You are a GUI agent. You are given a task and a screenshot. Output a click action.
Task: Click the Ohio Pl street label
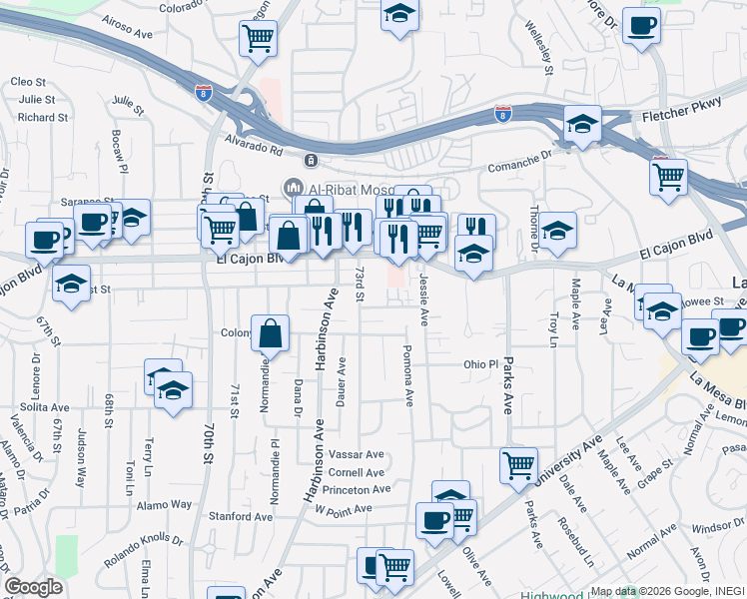(479, 364)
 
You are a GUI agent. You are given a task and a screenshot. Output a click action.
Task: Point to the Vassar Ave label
(357, 454)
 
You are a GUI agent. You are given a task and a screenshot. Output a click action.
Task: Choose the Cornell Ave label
(357, 472)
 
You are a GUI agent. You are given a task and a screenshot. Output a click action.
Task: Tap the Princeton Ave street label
(354, 489)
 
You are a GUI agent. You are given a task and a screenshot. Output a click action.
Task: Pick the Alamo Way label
(165, 504)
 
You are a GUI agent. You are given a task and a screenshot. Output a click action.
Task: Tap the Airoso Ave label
(127, 31)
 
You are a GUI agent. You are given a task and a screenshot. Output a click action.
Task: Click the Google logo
(33, 586)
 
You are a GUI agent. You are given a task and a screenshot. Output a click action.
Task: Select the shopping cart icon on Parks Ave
(519, 463)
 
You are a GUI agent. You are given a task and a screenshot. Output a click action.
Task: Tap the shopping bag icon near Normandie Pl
(271, 333)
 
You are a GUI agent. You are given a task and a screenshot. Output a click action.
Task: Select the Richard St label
(42, 117)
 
